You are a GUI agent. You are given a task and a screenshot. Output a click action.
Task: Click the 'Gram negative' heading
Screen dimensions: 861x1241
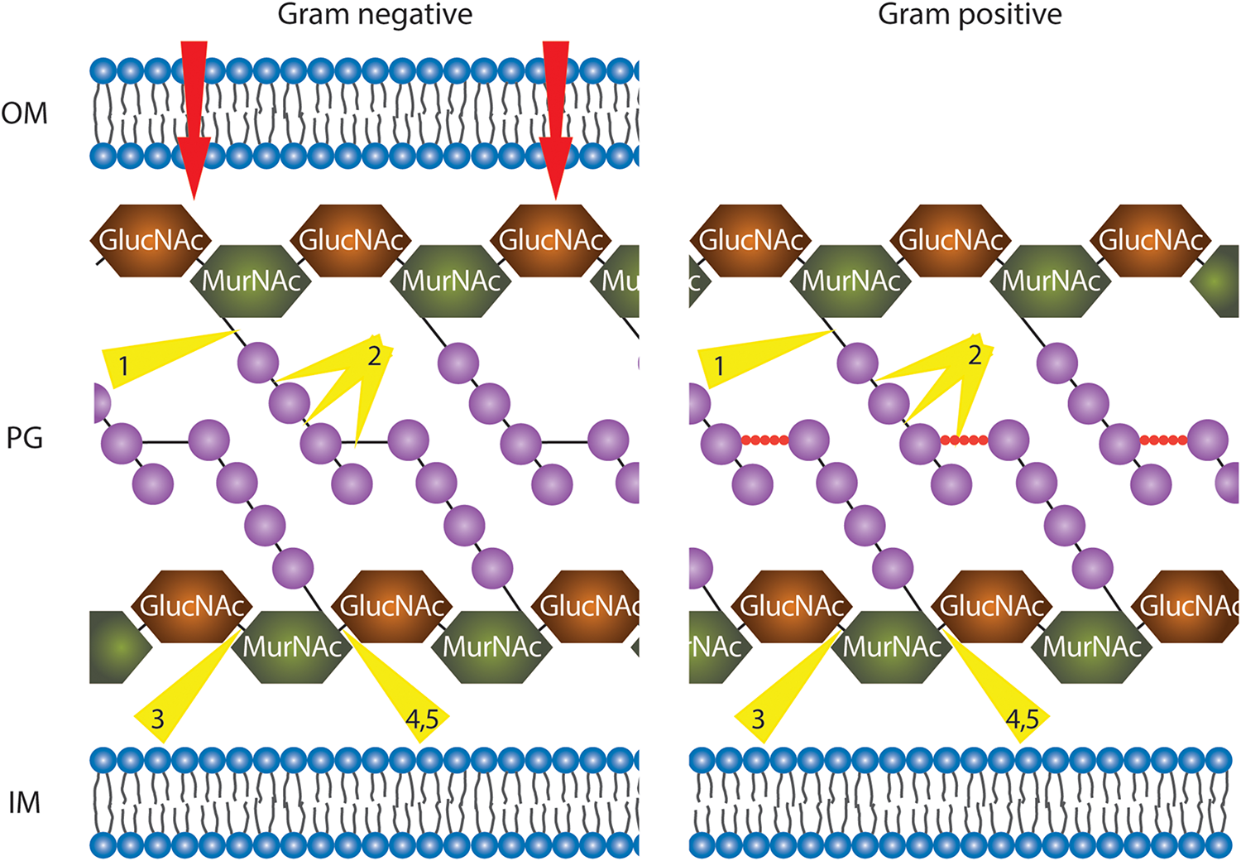point(375,15)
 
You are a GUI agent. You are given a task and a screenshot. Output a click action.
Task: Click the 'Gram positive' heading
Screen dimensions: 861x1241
point(970,15)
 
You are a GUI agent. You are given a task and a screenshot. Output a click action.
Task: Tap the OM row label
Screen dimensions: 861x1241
point(25,113)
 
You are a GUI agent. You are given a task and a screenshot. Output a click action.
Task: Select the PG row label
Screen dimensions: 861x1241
point(25,437)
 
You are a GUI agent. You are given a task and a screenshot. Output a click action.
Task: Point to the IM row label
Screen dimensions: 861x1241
point(25,802)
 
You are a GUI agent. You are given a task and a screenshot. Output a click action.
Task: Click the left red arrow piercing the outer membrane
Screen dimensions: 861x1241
point(194,116)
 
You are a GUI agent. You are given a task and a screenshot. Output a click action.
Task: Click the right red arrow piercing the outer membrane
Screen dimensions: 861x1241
point(556,116)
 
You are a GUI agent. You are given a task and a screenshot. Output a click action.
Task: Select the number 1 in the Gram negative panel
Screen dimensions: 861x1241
point(123,366)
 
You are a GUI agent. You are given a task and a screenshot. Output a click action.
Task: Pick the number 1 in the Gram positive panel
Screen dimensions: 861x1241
point(719,366)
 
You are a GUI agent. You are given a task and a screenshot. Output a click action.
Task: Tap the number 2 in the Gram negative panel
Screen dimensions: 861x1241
point(374,356)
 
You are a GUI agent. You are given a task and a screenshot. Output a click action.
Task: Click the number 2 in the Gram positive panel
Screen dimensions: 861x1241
point(975,356)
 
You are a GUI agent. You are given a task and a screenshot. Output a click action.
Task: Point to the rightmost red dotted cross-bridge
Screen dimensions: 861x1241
point(1163,440)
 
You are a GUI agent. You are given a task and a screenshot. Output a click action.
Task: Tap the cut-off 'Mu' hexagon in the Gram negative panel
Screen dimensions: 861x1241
point(619,281)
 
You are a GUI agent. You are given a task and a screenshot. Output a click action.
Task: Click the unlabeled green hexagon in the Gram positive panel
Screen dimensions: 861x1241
point(1219,281)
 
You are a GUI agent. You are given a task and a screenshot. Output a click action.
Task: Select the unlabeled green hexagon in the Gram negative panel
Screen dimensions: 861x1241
point(117,647)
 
